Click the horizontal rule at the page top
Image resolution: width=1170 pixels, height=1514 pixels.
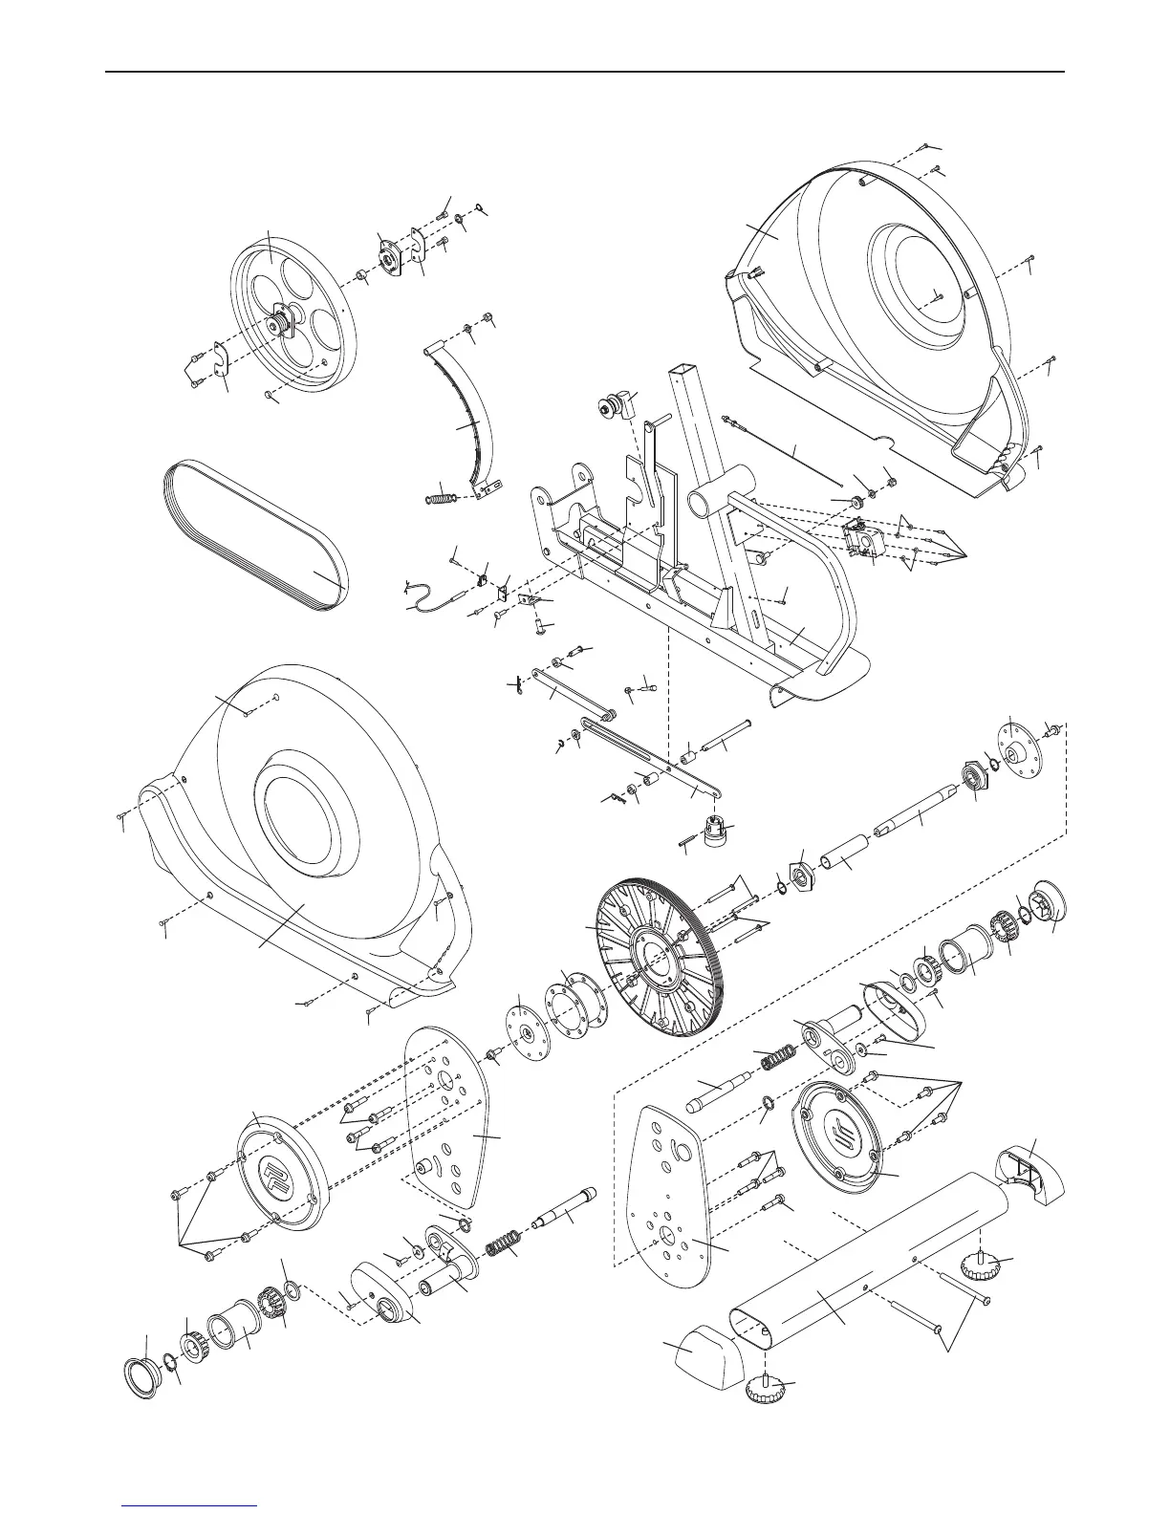pos(585,72)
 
